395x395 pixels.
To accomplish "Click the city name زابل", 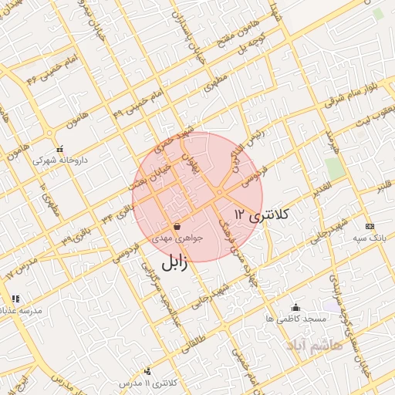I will tap(164, 262).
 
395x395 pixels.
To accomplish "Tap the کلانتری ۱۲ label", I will tap(260, 214).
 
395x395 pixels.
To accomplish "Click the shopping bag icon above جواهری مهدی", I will tap(178, 227).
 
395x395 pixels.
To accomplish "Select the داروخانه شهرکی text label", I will tap(60, 161).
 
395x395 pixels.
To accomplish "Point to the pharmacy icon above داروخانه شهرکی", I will tap(60, 149).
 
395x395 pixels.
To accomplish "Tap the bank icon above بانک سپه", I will tap(370, 226).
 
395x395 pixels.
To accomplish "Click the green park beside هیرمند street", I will tap(334, 168).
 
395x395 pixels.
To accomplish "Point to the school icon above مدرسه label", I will tap(15, 299).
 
